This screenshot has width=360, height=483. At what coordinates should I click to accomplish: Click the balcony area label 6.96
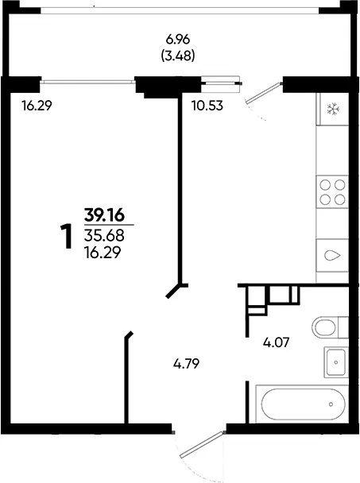178,40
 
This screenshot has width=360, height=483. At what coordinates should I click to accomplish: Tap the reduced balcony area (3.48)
178,56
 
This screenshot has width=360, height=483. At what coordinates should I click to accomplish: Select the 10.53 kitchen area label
207,106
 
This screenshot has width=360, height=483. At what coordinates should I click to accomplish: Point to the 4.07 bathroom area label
277,342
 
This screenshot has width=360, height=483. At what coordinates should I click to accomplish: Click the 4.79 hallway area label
187,364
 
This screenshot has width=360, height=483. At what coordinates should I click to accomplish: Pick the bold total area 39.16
104,214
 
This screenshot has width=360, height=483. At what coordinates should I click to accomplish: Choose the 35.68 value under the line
104,236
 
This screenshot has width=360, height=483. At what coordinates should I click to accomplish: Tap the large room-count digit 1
66,236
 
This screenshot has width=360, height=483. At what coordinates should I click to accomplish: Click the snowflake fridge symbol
333,110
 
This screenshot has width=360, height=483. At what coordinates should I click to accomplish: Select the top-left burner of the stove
325,185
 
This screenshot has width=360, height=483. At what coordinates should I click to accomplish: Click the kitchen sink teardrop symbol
332,255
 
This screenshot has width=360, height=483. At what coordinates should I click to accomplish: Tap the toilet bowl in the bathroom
324,327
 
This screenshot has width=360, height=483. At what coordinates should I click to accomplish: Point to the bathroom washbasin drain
335,362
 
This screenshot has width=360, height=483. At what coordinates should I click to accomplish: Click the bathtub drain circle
331,404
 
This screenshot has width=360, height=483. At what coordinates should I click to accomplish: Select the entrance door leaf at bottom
202,445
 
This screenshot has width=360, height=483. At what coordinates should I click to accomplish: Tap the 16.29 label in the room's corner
37,106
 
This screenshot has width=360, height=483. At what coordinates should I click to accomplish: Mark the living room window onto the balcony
88,82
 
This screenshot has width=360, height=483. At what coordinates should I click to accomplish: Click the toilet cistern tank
343,327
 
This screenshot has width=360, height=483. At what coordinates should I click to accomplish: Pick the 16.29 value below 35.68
103,253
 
